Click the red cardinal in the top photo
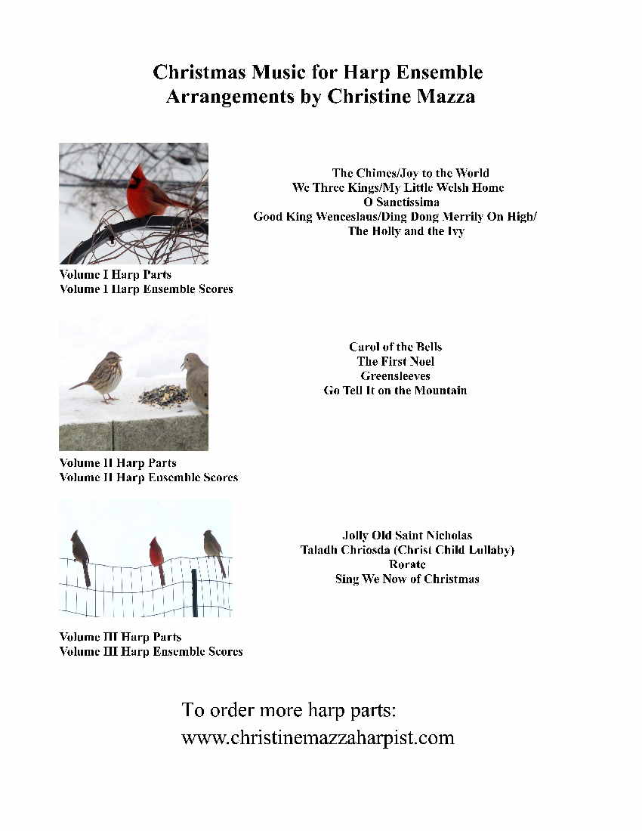(151, 195)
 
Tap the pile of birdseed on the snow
(163, 395)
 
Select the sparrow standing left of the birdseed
(101, 375)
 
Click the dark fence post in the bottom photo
(194, 592)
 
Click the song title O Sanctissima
(401, 202)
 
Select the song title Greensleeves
(395, 375)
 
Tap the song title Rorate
(407, 564)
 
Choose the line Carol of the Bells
(395, 347)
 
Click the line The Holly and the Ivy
(406, 231)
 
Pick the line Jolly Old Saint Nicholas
(407, 536)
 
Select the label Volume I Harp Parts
(116, 274)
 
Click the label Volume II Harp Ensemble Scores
(149, 477)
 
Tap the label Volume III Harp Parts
(120, 637)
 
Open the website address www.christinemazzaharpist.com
(318, 737)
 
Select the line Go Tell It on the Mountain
(395, 391)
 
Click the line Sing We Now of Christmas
(407, 579)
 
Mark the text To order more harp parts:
(289, 710)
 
